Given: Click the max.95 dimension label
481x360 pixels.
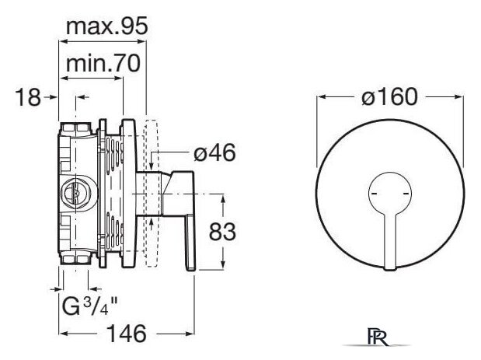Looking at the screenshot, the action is [x=107, y=26].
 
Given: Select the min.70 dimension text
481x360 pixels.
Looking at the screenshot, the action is [x=103, y=64].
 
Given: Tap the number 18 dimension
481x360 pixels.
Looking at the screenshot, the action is [x=28, y=97].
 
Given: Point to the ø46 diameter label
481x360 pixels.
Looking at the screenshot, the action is [x=214, y=152].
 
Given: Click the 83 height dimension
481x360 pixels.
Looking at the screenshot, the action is [x=222, y=232].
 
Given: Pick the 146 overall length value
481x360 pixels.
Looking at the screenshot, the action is [x=127, y=334].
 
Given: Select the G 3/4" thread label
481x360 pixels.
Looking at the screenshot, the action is [x=89, y=306].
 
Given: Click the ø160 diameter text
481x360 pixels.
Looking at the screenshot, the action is [x=389, y=96].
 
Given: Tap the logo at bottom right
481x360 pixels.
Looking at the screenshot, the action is [x=377, y=337].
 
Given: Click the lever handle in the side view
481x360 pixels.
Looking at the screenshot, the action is [x=190, y=243].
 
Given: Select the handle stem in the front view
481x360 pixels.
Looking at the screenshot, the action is [x=390, y=243].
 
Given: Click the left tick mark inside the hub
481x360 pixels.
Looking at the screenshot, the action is [x=374, y=194].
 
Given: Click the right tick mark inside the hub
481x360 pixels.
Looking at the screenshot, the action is [x=406, y=194].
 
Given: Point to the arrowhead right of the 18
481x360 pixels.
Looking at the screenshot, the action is [x=54, y=97].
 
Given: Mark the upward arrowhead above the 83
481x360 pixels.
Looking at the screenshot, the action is [x=223, y=198].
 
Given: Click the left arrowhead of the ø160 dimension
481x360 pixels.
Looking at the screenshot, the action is [x=321, y=97].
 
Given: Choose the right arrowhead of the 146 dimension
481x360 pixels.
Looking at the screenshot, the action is [x=190, y=334].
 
